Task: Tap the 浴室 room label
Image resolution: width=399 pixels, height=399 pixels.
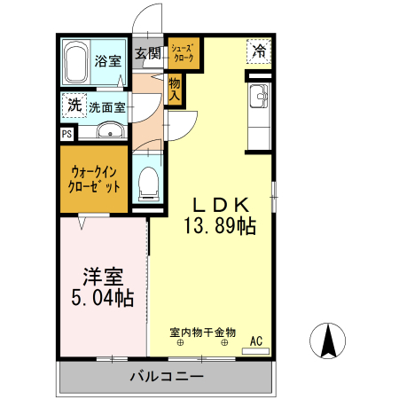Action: (x=108, y=63)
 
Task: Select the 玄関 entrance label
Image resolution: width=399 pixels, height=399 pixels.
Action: (x=147, y=53)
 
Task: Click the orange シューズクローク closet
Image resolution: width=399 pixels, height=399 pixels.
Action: (x=184, y=53)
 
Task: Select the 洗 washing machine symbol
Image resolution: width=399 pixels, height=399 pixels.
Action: (x=74, y=106)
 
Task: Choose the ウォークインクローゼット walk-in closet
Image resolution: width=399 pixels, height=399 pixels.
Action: (x=94, y=180)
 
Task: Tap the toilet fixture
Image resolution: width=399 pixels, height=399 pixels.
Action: (x=147, y=183)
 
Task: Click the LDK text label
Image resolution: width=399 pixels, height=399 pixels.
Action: (x=220, y=203)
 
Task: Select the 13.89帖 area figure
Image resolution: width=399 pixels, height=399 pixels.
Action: (x=220, y=227)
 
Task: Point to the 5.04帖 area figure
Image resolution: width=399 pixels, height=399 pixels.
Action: (x=102, y=298)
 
